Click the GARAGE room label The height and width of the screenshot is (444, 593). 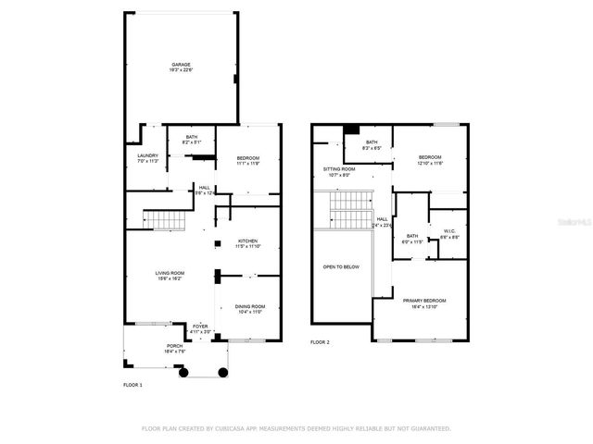tap(181, 65)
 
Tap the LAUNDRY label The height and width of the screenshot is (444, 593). tap(147, 155)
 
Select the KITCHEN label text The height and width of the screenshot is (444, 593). tap(246, 240)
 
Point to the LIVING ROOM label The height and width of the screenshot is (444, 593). tap(170, 273)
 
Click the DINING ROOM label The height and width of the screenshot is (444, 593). tap(249, 306)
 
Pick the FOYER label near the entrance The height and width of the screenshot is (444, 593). tap(200, 326)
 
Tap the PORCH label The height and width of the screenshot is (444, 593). tap(149, 346)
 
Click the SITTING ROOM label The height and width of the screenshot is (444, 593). tap(339, 169)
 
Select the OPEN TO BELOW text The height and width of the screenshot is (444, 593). tap(341, 266)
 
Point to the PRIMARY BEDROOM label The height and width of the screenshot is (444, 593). tap(424, 301)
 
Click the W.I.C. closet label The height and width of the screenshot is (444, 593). tap(448, 231)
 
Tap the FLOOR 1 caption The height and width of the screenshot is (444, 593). tap(132, 384)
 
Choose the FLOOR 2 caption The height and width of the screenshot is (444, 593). tap(320, 342)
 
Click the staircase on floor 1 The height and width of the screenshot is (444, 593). tap(160, 220)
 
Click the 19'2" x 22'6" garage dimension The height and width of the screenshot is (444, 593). tap(181, 70)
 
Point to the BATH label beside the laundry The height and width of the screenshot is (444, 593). tap(192, 137)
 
